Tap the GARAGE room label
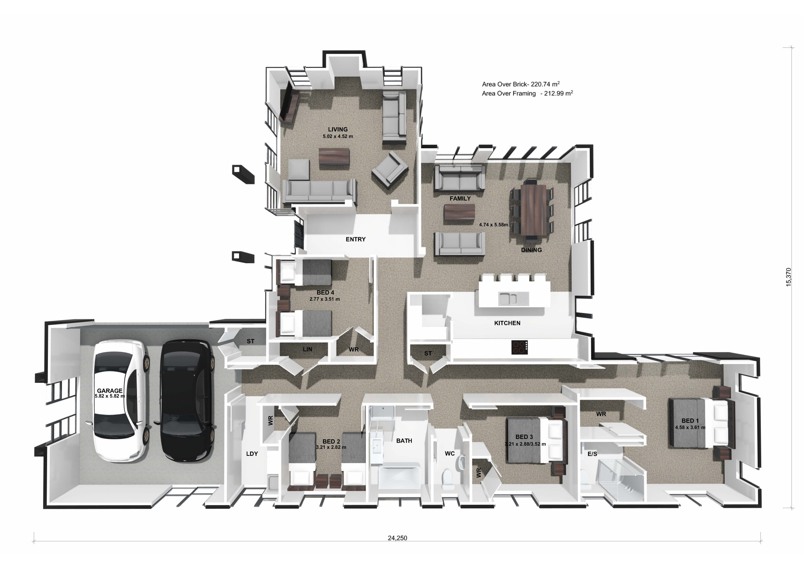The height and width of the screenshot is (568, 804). point(110,391)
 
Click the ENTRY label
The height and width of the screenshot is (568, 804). point(356,239)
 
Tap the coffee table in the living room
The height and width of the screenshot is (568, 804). point(334,157)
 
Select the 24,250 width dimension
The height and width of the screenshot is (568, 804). point(397,549)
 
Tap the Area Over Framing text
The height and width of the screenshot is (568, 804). point(528,93)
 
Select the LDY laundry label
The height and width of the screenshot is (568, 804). point(252,454)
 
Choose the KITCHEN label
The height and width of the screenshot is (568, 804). point(507,323)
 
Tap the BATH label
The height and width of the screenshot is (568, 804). point(404,441)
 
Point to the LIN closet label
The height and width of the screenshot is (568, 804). point(307,349)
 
